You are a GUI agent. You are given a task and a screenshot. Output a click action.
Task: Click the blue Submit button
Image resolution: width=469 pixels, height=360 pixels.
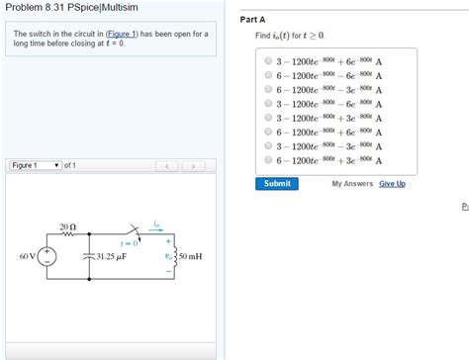pyautogui.click(x=277, y=183)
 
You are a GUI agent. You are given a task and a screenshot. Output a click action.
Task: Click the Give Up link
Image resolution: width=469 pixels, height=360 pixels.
pyautogui.click(x=392, y=183)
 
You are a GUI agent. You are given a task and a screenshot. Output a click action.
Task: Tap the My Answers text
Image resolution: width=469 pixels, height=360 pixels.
pyautogui.click(x=351, y=183)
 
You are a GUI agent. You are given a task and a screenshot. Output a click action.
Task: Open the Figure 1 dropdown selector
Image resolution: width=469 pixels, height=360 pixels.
pyautogui.click(x=36, y=165)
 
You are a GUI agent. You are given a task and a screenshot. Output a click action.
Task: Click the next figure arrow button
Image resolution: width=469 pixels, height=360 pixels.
pyautogui.click(x=193, y=165)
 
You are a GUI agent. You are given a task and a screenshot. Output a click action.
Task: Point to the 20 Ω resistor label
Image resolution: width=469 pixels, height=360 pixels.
pyautogui.click(x=67, y=226)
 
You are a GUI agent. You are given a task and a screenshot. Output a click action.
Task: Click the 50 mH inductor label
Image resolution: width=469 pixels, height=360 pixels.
pyautogui.click(x=192, y=258)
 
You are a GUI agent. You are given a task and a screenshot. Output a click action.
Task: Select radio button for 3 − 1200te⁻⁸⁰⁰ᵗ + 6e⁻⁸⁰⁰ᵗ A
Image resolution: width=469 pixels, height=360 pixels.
pyautogui.click(x=268, y=60)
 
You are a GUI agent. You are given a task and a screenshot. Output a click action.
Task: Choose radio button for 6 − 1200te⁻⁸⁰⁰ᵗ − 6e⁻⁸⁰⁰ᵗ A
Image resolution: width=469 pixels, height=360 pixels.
pyautogui.click(x=268, y=75)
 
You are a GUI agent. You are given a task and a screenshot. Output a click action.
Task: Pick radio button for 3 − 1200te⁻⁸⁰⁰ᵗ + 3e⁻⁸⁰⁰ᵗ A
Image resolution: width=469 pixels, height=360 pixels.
pyautogui.click(x=268, y=118)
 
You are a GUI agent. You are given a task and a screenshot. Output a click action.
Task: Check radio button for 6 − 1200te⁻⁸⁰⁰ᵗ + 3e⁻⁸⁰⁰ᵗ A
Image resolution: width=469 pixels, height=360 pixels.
pyautogui.click(x=268, y=160)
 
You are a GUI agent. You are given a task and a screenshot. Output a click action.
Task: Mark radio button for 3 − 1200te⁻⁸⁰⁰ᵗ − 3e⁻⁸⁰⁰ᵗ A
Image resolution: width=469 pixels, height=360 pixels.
pyautogui.click(x=268, y=146)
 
